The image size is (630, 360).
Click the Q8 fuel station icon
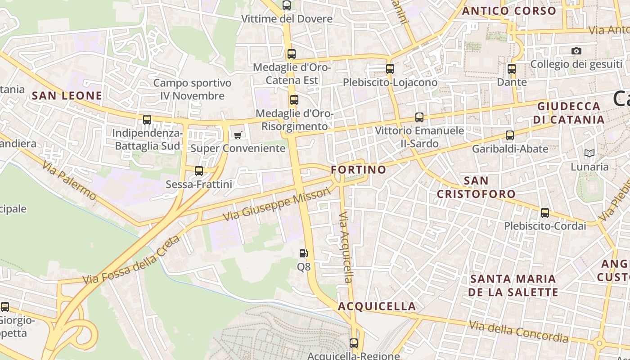coord(304,253)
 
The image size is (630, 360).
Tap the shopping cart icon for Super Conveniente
coord(238,135)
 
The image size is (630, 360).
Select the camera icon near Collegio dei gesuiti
coord(576,51)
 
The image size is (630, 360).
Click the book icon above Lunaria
coord(589,153)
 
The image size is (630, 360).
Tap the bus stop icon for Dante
coord(512,69)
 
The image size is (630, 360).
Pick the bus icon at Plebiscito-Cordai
coord(545,212)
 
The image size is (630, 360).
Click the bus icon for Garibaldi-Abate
coord(510,135)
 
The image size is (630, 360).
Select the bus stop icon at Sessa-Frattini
coord(198,171)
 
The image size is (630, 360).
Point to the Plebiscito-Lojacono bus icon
coord(390,69)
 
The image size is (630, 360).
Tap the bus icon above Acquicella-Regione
coord(354,343)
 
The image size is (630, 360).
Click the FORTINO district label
coord(359,170)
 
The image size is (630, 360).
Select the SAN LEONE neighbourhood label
coord(67,96)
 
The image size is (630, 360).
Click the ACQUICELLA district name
coord(377,306)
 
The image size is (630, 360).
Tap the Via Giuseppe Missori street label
coord(277,205)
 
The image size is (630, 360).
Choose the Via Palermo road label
coord(70,180)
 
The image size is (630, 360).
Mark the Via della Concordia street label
coord(517,331)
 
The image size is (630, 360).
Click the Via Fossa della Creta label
coord(131,261)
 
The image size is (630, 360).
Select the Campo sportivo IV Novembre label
coord(193,90)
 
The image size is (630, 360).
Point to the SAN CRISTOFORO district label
coord(477,187)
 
